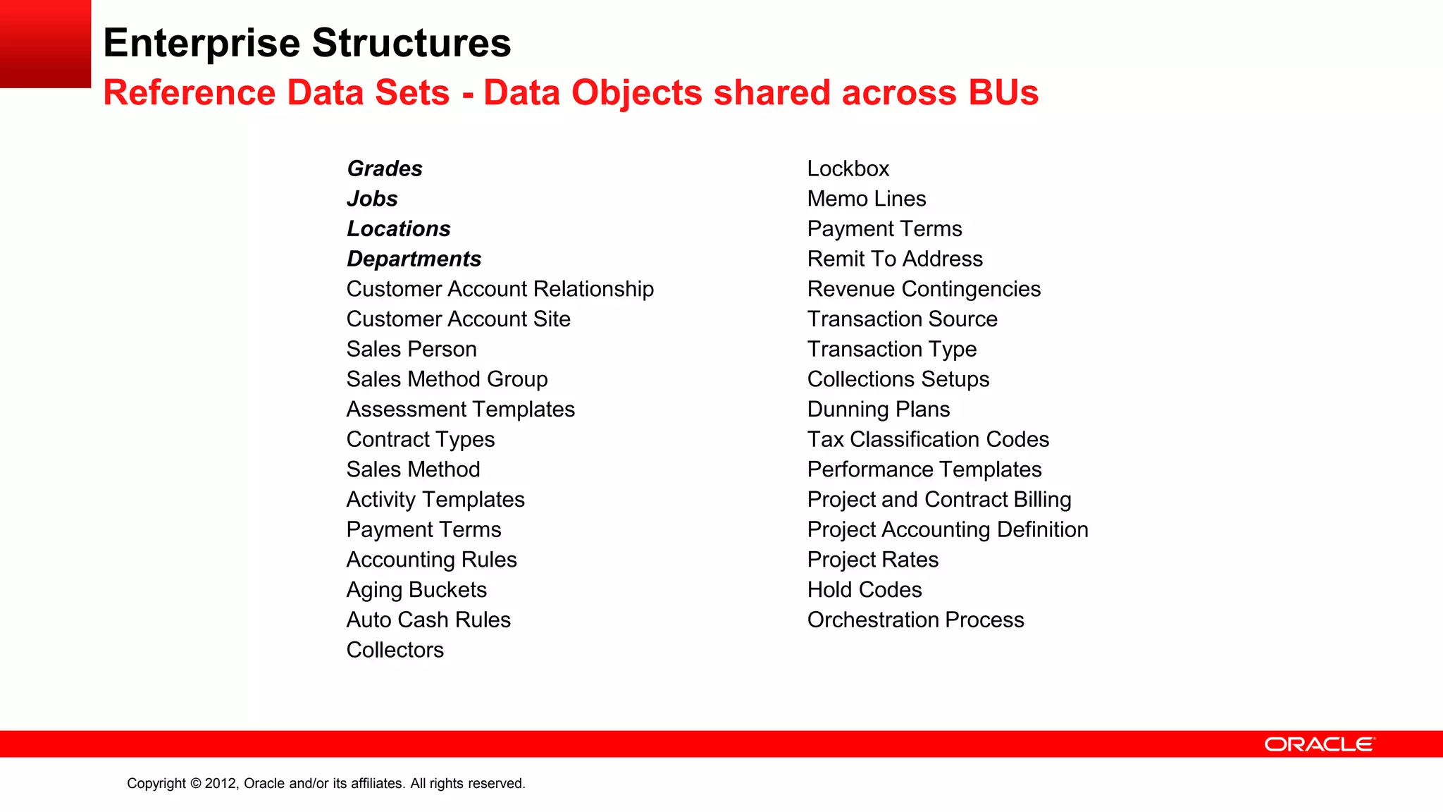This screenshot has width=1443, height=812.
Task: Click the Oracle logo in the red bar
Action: point(1319,744)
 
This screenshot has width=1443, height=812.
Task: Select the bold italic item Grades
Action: point(385,169)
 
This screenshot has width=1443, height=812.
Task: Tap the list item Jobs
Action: point(372,199)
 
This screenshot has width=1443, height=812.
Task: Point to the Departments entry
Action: point(414,259)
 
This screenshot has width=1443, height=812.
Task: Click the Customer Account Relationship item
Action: point(500,289)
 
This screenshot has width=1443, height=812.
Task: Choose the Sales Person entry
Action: point(411,350)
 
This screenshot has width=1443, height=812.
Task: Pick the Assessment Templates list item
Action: point(460,410)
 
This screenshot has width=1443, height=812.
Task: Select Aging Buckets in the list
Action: point(416,590)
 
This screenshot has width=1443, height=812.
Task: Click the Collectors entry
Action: point(395,650)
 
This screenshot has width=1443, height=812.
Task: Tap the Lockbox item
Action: point(848,169)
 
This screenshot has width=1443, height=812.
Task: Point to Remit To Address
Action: point(894,259)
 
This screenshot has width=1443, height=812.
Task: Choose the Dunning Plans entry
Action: point(878,410)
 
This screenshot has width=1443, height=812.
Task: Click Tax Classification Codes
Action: point(927,440)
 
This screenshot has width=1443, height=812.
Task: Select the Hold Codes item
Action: point(864,590)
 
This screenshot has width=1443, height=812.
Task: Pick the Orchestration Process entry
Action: point(915,620)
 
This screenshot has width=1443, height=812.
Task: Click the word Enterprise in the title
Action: point(202,43)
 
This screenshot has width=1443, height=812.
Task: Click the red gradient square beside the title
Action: point(45,44)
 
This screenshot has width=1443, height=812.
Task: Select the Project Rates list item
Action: point(872,560)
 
